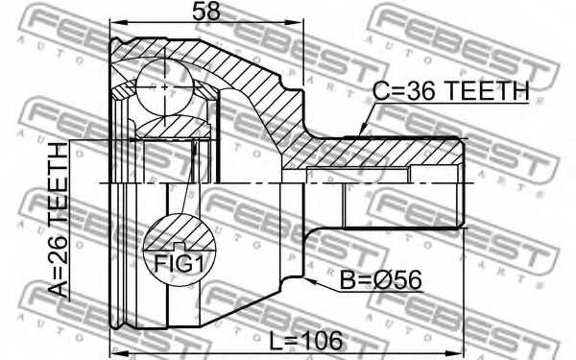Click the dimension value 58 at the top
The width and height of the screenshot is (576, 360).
pyautogui.click(x=204, y=12)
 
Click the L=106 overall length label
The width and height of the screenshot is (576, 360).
pyautogui.click(x=306, y=341)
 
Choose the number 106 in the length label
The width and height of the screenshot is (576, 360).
pyautogui.click(x=322, y=341)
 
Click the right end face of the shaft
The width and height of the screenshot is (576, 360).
pyautogui.click(x=466, y=181)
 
